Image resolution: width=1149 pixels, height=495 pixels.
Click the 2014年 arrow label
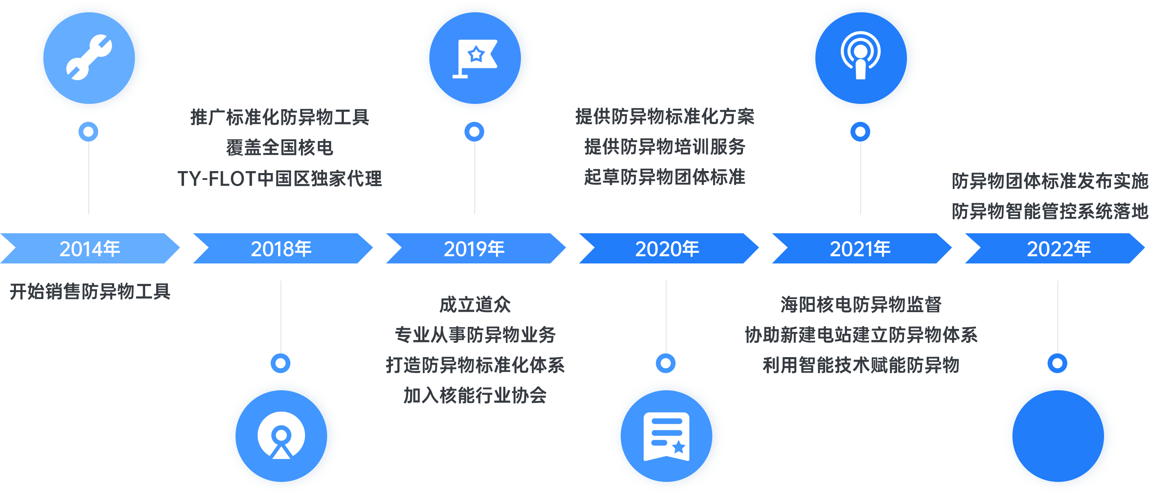pyautogui.click(x=90, y=249)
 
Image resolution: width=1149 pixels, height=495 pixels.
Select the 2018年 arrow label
pyautogui.click(x=281, y=249)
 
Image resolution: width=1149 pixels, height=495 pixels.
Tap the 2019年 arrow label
pyautogui.click(x=474, y=249)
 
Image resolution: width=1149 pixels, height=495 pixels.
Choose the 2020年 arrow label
pyautogui.click(x=667, y=249)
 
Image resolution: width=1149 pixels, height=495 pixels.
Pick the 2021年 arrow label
pyautogui.click(x=860, y=249)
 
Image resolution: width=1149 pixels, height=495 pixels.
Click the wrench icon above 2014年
pyautogui.click(x=90, y=58)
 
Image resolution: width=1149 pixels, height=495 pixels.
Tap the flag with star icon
pyautogui.click(x=476, y=58)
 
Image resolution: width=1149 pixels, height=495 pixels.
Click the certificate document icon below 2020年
pyautogui.click(x=667, y=436)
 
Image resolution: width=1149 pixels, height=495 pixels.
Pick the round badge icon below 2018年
pyautogui.click(x=281, y=436)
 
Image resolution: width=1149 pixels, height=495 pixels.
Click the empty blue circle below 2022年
pyautogui.click(x=1059, y=436)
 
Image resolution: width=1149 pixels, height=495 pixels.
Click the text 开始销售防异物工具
pyautogui.click(x=90, y=291)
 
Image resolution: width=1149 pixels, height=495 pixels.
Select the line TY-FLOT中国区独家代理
pyautogui.click(x=280, y=178)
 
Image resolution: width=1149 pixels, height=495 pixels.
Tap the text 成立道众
pyautogui.click(x=475, y=305)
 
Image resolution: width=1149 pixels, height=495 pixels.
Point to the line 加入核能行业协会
pyautogui.click(x=475, y=396)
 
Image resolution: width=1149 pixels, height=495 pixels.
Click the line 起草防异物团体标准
pyautogui.click(x=664, y=177)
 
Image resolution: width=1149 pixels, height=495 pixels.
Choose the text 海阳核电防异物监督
pyautogui.click(x=861, y=305)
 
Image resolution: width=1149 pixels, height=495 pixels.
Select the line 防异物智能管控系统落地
pyautogui.click(x=1050, y=211)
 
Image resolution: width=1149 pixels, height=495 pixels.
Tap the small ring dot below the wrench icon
pyautogui.click(x=88, y=132)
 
